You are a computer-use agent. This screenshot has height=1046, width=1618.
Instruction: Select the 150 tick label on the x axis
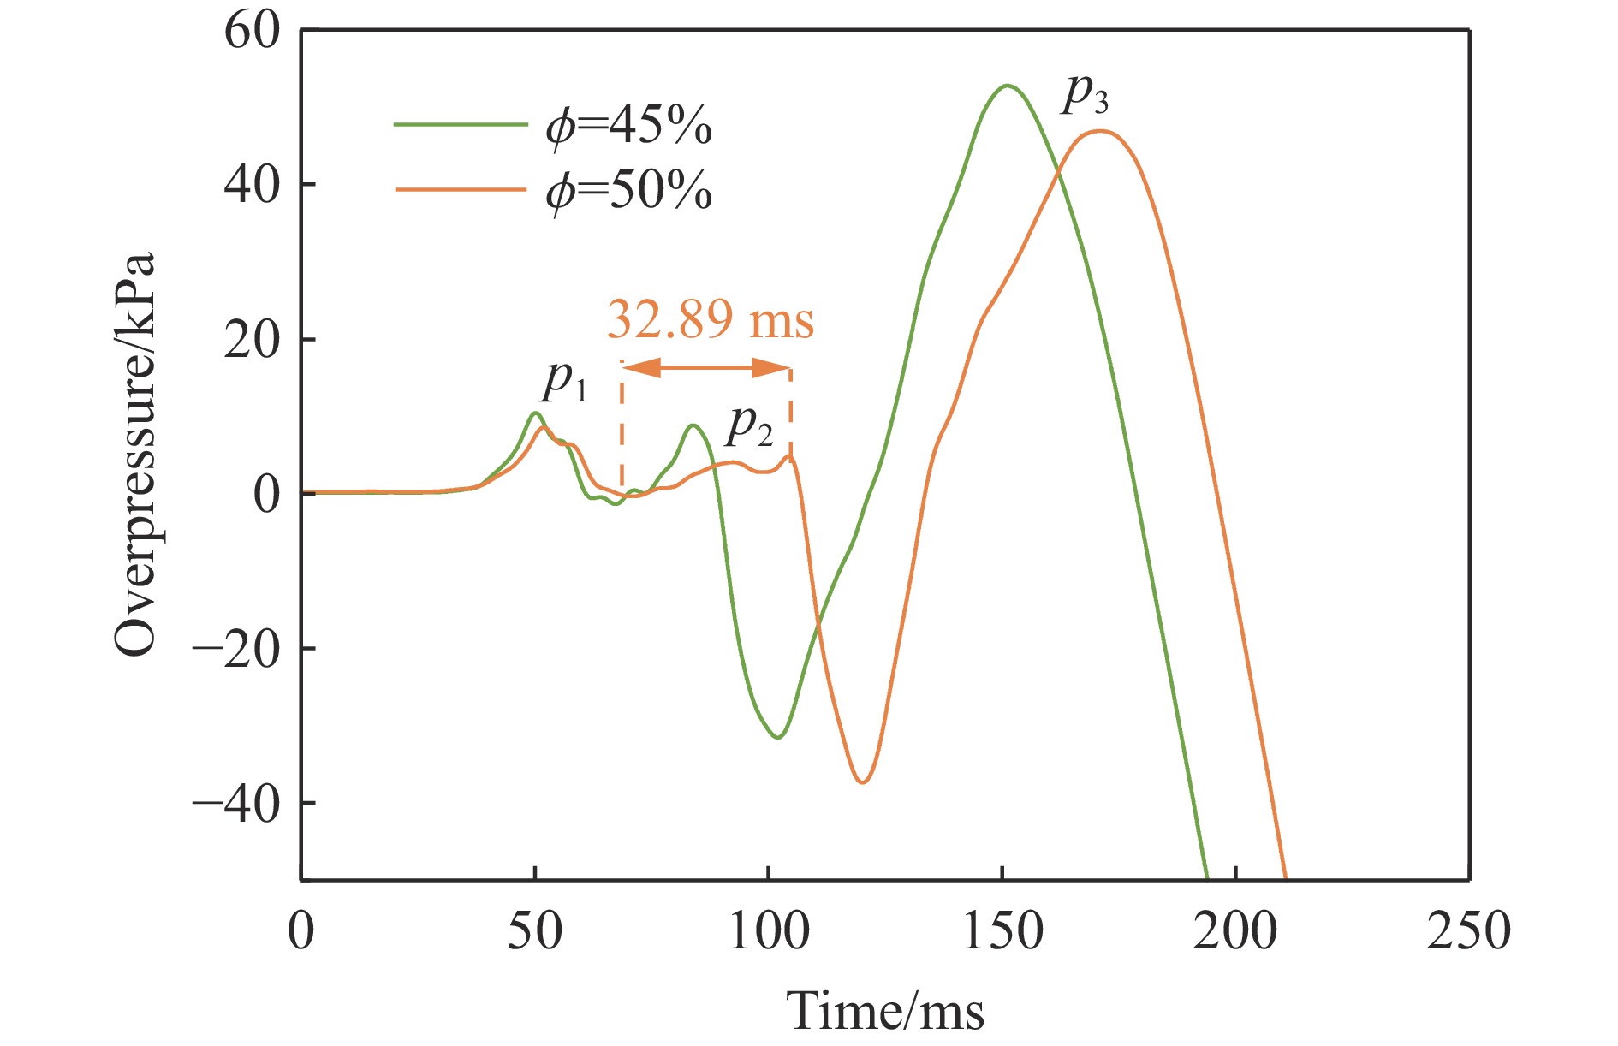pyautogui.click(x=1002, y=931)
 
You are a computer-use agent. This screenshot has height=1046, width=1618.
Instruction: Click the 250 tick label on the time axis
pyautogui.click(x=1468, y=931)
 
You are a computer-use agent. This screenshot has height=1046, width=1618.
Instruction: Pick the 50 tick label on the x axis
pyautogui.click(x=535, y=931)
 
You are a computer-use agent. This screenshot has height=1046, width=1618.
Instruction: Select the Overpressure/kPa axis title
pyautogui.click(x=135, y=454)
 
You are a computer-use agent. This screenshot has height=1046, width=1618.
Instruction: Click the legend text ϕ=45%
pyautogui.click(x=629, y=127)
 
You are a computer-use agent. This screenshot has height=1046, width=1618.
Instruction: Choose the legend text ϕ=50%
pyautogui.click(x=629, y=190)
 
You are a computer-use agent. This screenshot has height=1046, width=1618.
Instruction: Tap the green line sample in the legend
pyautogui.click(x=460, y=125)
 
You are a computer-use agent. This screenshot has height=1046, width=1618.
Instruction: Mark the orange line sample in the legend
pyautogui.click(x=460, y=188)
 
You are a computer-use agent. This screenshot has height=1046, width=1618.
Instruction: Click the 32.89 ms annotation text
pyautogui.click(x=710, y=320)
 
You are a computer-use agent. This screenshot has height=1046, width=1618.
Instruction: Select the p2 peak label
pyautogui.click(x=749, y=425)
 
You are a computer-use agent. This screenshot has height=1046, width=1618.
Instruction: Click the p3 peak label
pyautogui.click(x=1085, y=94)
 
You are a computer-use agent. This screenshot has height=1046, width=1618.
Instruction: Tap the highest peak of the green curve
pyautogui.click(x=1008, y=86)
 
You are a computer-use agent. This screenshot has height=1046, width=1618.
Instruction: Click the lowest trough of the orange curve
pyautogui.click(x=862, y=782)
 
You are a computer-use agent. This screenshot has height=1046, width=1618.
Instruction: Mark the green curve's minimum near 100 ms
pyautogui.click(x=777, y=737)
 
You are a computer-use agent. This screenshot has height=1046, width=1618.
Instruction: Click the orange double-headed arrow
pyautogui.click(x=705, y=368)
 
